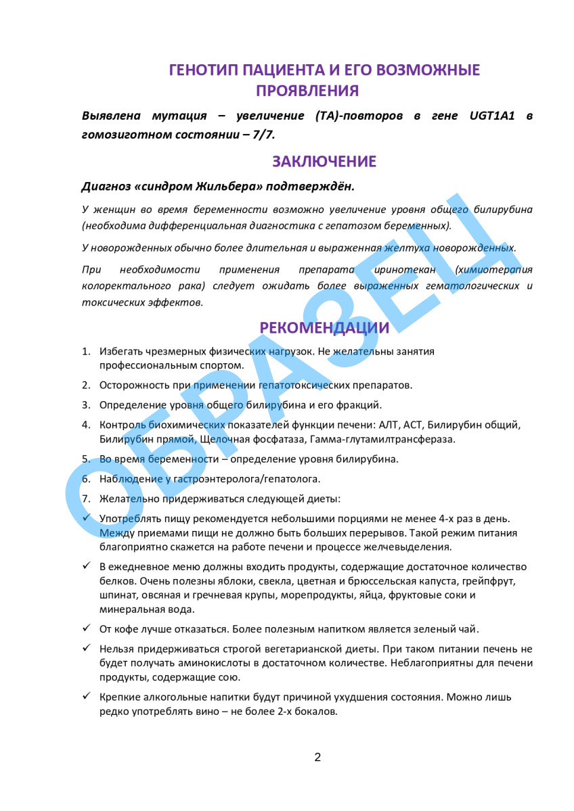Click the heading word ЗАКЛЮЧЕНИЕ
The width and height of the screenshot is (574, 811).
324,162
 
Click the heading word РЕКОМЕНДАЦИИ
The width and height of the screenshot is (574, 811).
324,328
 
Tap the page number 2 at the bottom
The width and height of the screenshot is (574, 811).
317,757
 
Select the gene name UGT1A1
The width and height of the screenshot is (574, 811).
492,116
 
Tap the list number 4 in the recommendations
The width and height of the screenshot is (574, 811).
86,425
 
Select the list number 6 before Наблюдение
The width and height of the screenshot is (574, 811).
86,479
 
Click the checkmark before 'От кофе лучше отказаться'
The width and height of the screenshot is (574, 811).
86,628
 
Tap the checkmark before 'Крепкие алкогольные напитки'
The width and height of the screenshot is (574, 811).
86,695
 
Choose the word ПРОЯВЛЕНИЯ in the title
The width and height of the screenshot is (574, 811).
307,91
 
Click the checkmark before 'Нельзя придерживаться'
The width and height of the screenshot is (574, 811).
86,648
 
